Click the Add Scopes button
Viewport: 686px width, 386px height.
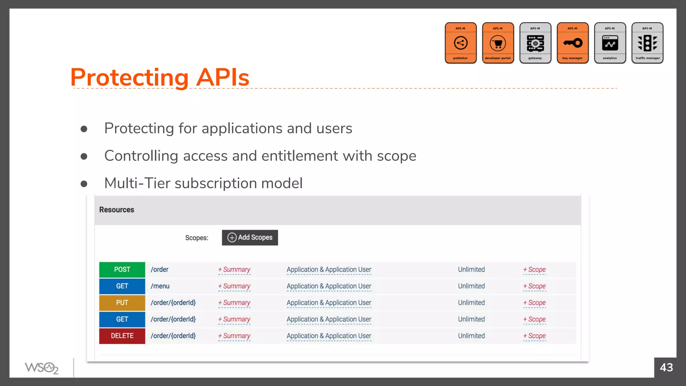click(x=250, y=238)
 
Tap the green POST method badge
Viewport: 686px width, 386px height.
click(x=122, y=270)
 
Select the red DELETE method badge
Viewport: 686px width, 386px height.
click(x=122, y=336)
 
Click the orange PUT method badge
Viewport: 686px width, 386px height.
click(x=122, y=303)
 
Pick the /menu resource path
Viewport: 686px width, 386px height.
click(x=160, y=286)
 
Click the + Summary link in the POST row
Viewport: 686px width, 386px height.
click(x=234, y=270)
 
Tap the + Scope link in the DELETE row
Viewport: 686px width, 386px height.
click(x=535, y=336)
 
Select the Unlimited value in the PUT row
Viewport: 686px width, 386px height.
click(x=471, y=303)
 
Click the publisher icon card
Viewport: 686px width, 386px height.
click(x=461, y=43)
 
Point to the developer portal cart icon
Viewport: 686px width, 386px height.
click(x=498, y=43)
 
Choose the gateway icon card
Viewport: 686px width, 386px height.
click(x=535, y=43)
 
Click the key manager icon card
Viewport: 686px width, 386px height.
click(x=573, y=43)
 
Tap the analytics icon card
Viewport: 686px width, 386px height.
click(x=610, y=43)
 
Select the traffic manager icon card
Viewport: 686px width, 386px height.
click(x=647, y=43)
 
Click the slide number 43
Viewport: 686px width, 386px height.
click(x=666, y=368)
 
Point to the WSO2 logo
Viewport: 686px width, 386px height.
click(x=42, y=368)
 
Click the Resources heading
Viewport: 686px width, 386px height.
click(x=117, y=210)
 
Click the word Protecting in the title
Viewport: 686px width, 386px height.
click(x=130, y=78)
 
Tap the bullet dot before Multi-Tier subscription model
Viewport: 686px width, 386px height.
click(x=84, y=184)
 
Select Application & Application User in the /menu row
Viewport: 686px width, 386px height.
click(x=329, y=286)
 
